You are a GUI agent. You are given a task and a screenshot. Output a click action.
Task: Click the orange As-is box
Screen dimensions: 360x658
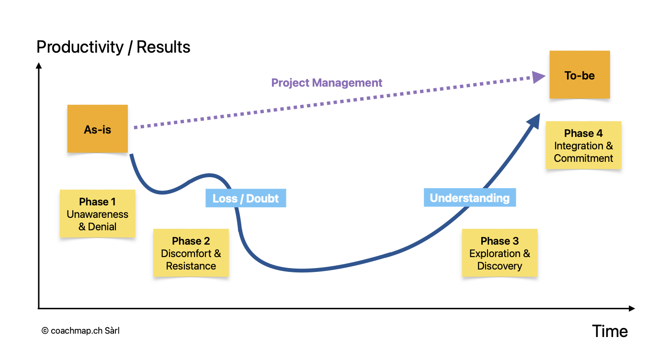(x=97, y=129)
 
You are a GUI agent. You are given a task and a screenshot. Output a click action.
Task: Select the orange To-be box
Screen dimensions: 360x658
(x=579, y=75)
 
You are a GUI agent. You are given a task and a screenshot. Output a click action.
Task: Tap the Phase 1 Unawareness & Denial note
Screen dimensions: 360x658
(x=97, y=214)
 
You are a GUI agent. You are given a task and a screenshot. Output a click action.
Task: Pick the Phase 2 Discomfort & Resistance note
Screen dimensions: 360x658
(x=191, y=253)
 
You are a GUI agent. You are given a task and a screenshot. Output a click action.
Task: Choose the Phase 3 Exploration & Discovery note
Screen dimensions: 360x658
(x=499, y=253)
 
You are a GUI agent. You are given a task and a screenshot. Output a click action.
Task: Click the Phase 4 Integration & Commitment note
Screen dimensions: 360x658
(x=583, y=145)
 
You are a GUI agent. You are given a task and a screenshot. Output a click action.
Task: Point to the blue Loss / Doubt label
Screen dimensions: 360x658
(x=245, y=199)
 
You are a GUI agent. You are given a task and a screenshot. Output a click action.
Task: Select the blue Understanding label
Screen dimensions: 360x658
(x=469, y=198)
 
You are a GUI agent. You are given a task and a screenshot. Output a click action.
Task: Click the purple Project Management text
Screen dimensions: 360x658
(x=327, y=83)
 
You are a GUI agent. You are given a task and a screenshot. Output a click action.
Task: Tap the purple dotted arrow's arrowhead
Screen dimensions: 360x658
(x=539, y=77)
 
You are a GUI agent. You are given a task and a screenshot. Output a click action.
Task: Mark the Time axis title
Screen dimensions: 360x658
(x=610, y=331)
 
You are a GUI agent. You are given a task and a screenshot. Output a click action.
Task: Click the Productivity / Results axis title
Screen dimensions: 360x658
(x=113, y=47)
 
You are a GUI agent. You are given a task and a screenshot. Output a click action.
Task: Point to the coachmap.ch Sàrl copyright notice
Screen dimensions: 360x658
(x=80, y=330)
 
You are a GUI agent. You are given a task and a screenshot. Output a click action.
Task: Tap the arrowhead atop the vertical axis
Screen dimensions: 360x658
(x=39, y=66)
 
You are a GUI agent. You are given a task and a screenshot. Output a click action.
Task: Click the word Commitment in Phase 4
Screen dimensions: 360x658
(x=583, y=158)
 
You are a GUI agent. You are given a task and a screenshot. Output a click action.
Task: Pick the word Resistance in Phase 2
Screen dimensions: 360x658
(x=191, y=266)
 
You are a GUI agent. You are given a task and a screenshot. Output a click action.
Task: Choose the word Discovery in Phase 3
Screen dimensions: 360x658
(x=499, y=266)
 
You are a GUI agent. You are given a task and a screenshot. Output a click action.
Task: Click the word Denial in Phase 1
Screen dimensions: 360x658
(x=102, y=226)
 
